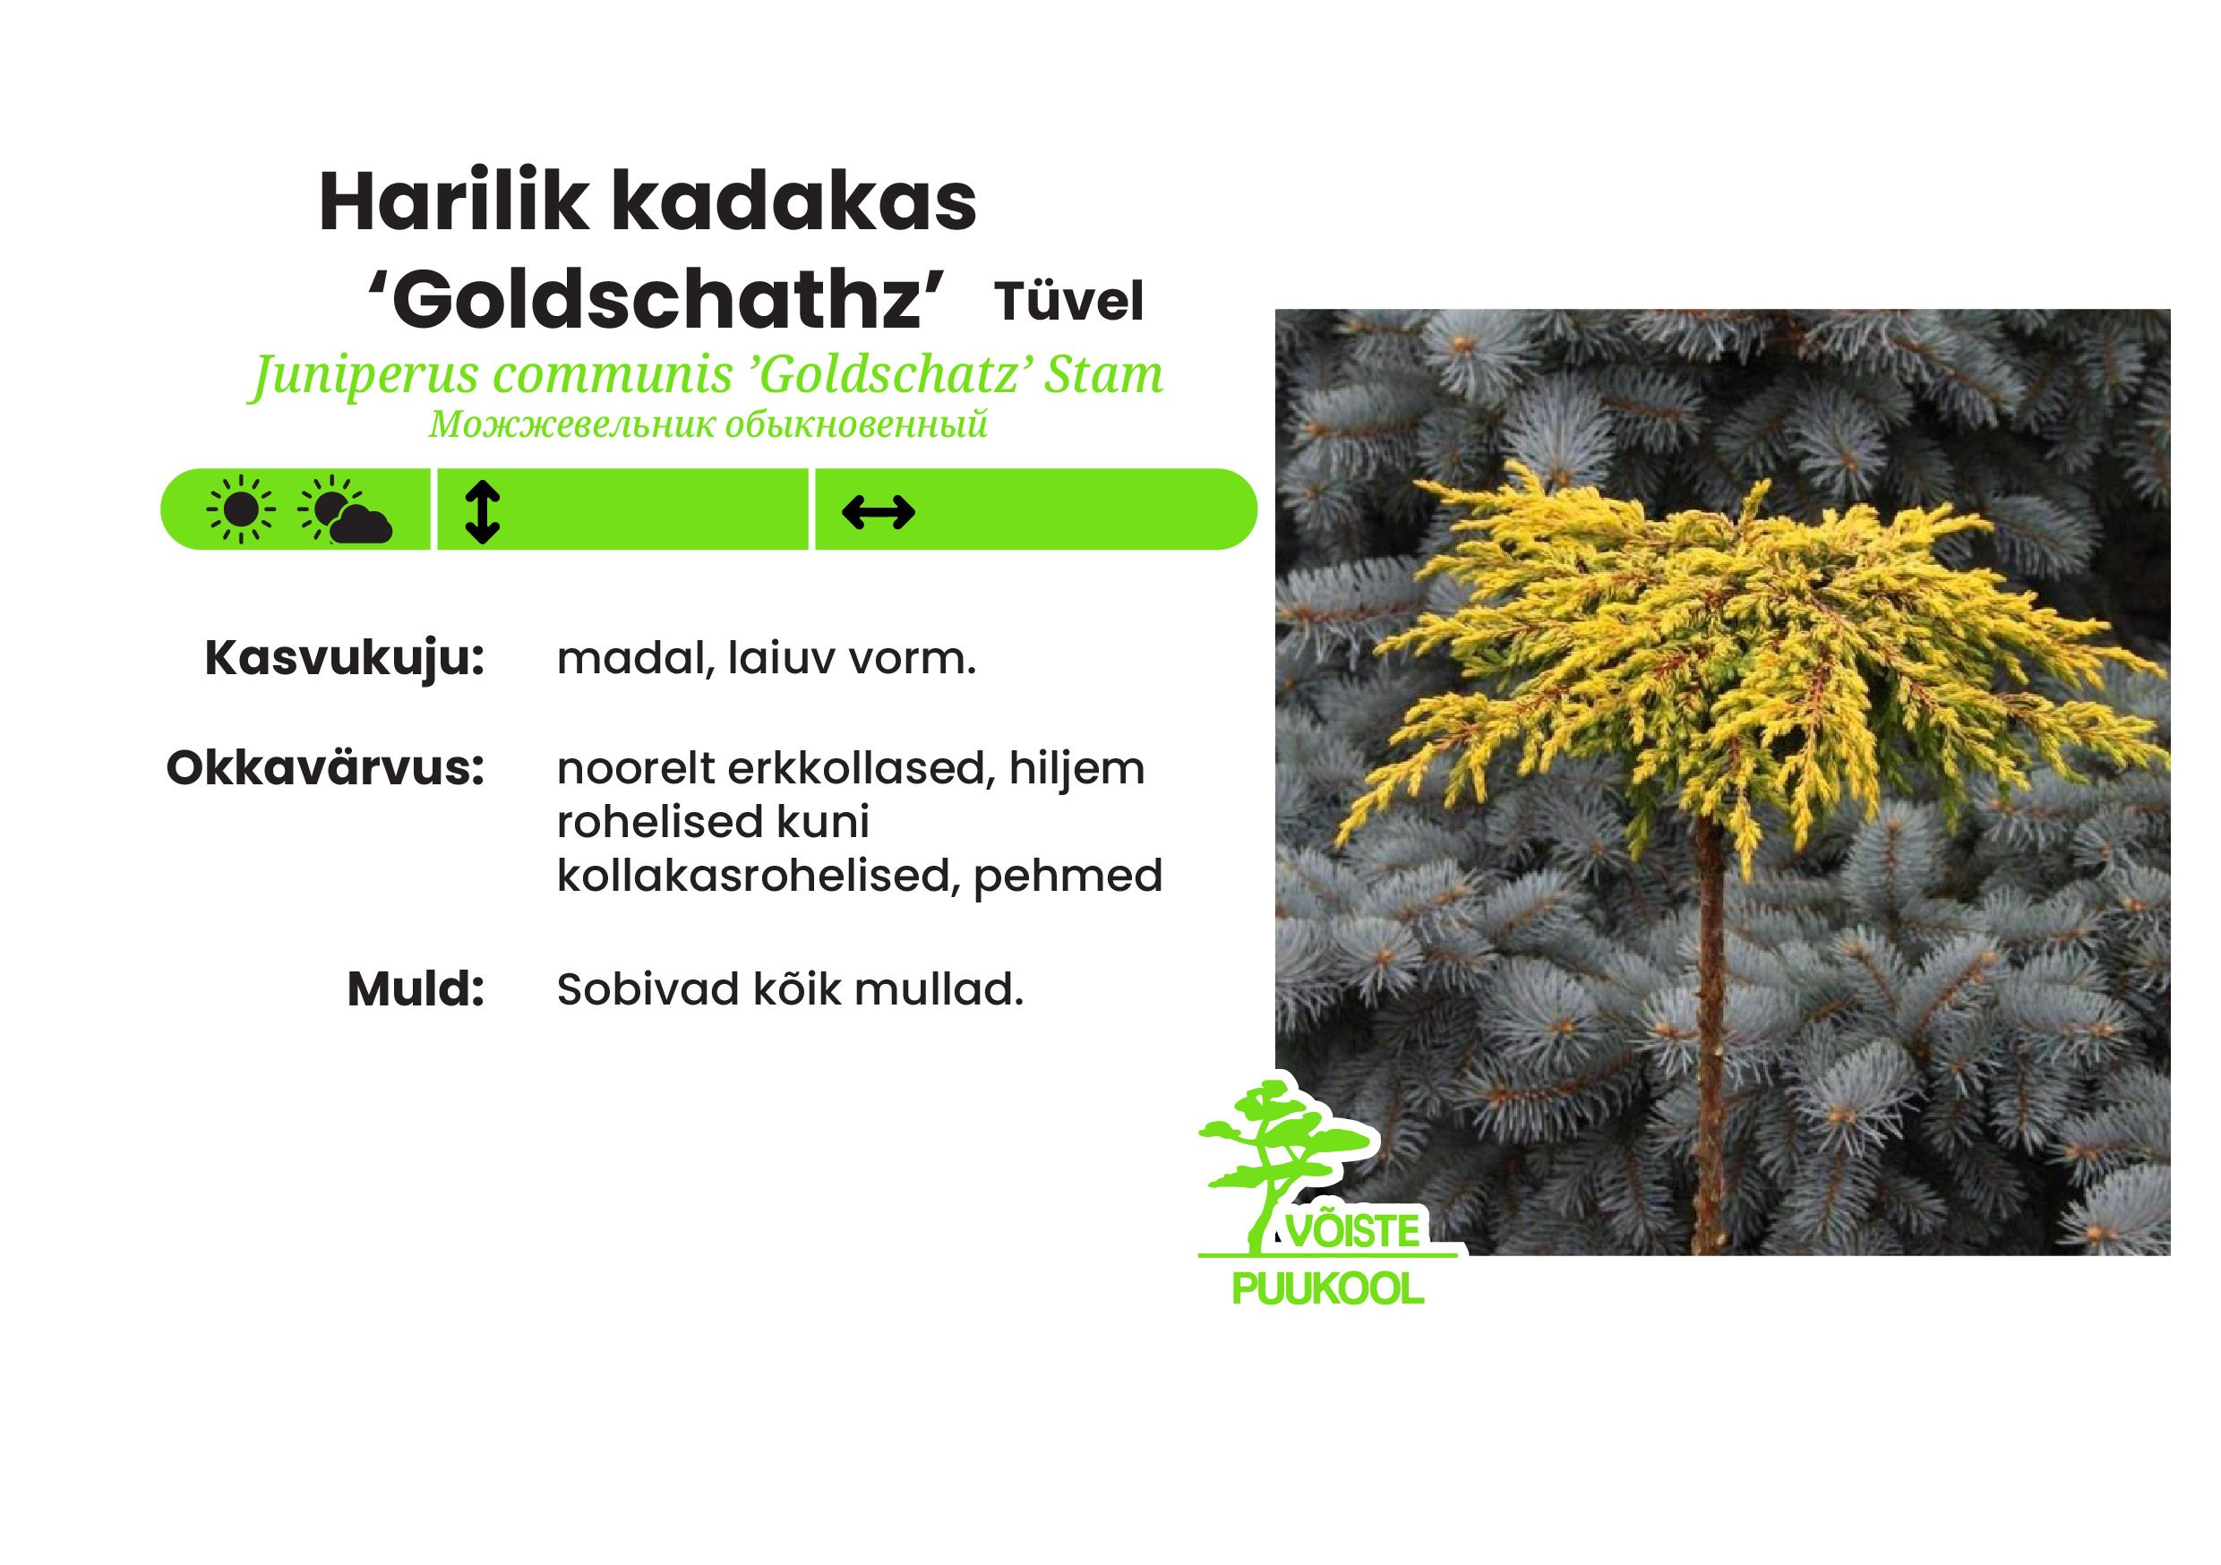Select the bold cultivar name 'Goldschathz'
[655, 300]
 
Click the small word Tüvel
[1069, 301]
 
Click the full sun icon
[241, 509]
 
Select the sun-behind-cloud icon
[345, 509]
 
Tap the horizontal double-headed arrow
[879, 512]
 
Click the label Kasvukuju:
[345, 661]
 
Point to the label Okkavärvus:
[325, 769]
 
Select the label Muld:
[416, 988]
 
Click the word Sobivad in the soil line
[648, 988]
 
